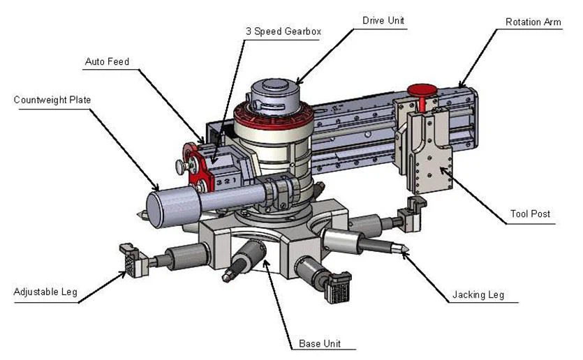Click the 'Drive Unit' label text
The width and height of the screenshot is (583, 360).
click(383, 20)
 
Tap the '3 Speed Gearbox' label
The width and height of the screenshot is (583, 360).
click(283, 31)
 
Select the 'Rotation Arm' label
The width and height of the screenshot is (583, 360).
click(533, 22)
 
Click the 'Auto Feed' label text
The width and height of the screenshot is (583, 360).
click(107, 61)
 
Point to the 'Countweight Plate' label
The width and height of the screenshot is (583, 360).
click(52, 100)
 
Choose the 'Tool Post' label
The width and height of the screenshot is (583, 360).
click(530, 213)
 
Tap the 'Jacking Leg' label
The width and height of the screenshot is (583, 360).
click(478, 295)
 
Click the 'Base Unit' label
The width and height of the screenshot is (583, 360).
click(320, 343)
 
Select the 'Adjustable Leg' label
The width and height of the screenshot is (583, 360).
click(45, 292)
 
